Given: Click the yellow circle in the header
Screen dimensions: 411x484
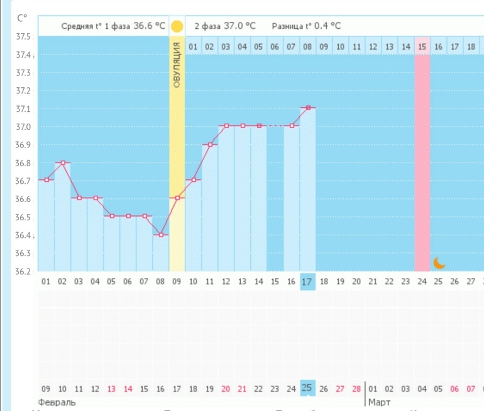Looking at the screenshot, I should pyautogui.click(x=177, y=26).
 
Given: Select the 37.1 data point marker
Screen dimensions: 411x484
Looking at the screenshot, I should pyautogui.click(x=308, y=108).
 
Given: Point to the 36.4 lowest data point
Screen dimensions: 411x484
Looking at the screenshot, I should pyautogui.click(x=161, y=235).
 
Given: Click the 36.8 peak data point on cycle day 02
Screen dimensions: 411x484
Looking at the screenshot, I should pyautogui.click(x=63, y=163).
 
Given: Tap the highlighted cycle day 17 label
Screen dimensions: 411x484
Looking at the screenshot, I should pyautogui.click(x=307, y=282).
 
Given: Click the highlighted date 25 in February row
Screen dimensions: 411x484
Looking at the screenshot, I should pyautogui.click(x=307, y=388).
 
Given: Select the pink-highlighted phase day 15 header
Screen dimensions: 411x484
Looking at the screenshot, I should pyautogui.click(x=422, y=46).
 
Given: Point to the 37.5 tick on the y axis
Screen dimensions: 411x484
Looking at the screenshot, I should pyautogui.click(x=23, y=37).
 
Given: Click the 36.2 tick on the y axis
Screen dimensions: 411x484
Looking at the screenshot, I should pyautogui.click(x=23, y=272).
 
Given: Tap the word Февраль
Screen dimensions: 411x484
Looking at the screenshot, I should pyautogui.click(x=57, y=402).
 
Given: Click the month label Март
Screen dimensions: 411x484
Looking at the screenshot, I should pyautogui.click(x=379, y=402).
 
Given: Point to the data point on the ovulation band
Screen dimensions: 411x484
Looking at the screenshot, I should pyautogui.click(x=177, y=198).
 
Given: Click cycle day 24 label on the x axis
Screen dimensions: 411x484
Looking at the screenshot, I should pyautogui.click(x=422, y=282).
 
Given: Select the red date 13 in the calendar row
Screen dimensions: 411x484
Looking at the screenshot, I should pyautogui.click(x=112, y=388).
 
